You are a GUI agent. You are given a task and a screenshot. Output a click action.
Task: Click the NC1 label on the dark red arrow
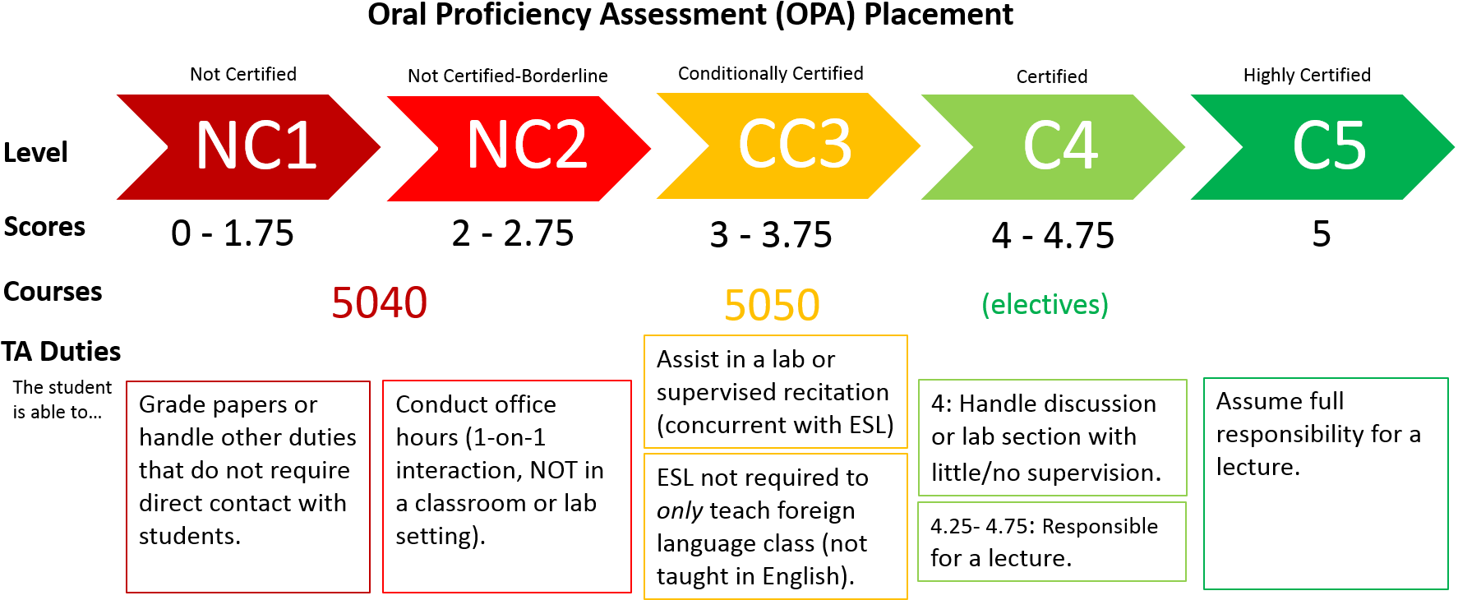256,146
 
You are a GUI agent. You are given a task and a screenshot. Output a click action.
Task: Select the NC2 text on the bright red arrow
526,145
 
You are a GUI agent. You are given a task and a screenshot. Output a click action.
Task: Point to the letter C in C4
1041,146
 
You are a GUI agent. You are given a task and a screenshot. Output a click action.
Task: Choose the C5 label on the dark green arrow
1329,146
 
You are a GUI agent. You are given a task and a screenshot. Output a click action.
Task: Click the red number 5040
380,303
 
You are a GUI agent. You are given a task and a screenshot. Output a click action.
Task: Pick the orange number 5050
772,305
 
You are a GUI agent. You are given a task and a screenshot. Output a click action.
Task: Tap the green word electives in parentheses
1045,305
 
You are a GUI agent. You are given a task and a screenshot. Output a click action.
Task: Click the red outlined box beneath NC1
248,487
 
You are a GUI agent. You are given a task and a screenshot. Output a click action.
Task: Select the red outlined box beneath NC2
507,487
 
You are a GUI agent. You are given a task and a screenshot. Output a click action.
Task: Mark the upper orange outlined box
776,391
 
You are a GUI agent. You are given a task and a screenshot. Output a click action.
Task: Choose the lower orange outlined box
776,526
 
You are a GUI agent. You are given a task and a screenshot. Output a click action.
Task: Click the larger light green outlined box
1053,437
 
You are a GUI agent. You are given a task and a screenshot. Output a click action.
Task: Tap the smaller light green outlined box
1052,542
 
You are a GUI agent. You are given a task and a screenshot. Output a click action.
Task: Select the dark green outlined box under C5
1326,483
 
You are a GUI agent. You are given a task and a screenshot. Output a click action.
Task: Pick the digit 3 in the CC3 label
832,144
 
